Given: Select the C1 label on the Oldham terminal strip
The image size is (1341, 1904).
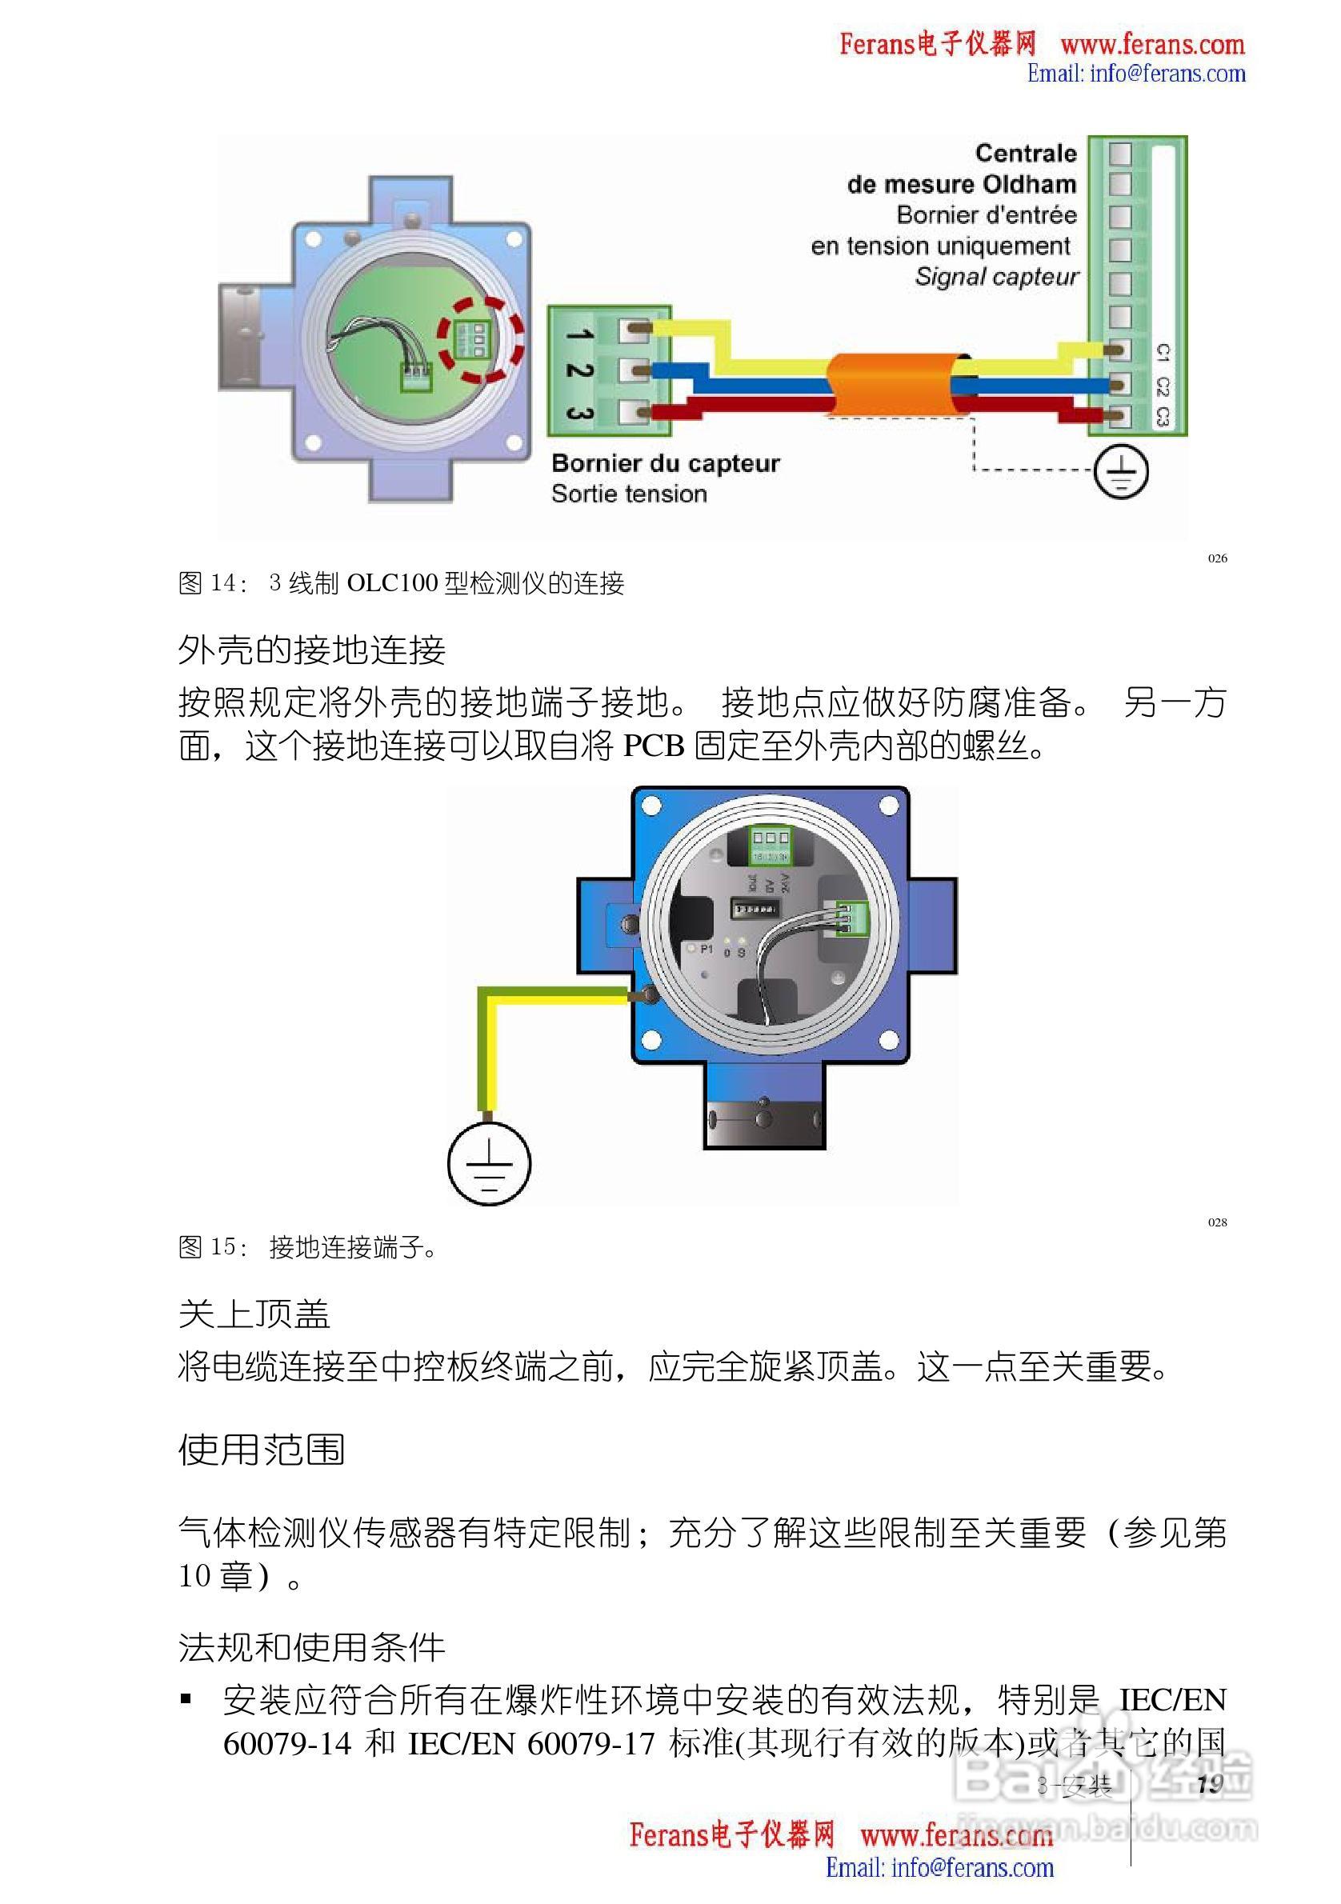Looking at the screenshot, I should tap(1162, 353).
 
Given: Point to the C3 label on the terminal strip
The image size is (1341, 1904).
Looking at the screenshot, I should tap(1162, 417).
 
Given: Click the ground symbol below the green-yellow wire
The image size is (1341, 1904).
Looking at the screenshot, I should tap(490, 1163).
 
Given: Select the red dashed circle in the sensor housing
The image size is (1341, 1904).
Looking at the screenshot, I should tap(481, 340).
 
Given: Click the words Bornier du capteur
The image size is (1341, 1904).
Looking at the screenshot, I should tap(665, 462).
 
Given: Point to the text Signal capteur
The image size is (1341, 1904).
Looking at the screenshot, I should tap(996, 277).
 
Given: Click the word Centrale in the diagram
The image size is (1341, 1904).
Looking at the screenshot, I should tap(1025, 154).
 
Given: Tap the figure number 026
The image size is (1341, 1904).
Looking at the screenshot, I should tap(1217, 558).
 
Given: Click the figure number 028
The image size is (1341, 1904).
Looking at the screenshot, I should tap(1217, 1222).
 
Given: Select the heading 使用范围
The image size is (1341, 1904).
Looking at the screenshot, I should tap(261, 1449).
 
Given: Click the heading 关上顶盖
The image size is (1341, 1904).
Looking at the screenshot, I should tap(254, 1314).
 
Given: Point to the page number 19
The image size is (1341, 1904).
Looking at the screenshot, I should tap(1210, 1785).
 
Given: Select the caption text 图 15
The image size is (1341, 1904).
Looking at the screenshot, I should tap(211, 1247).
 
